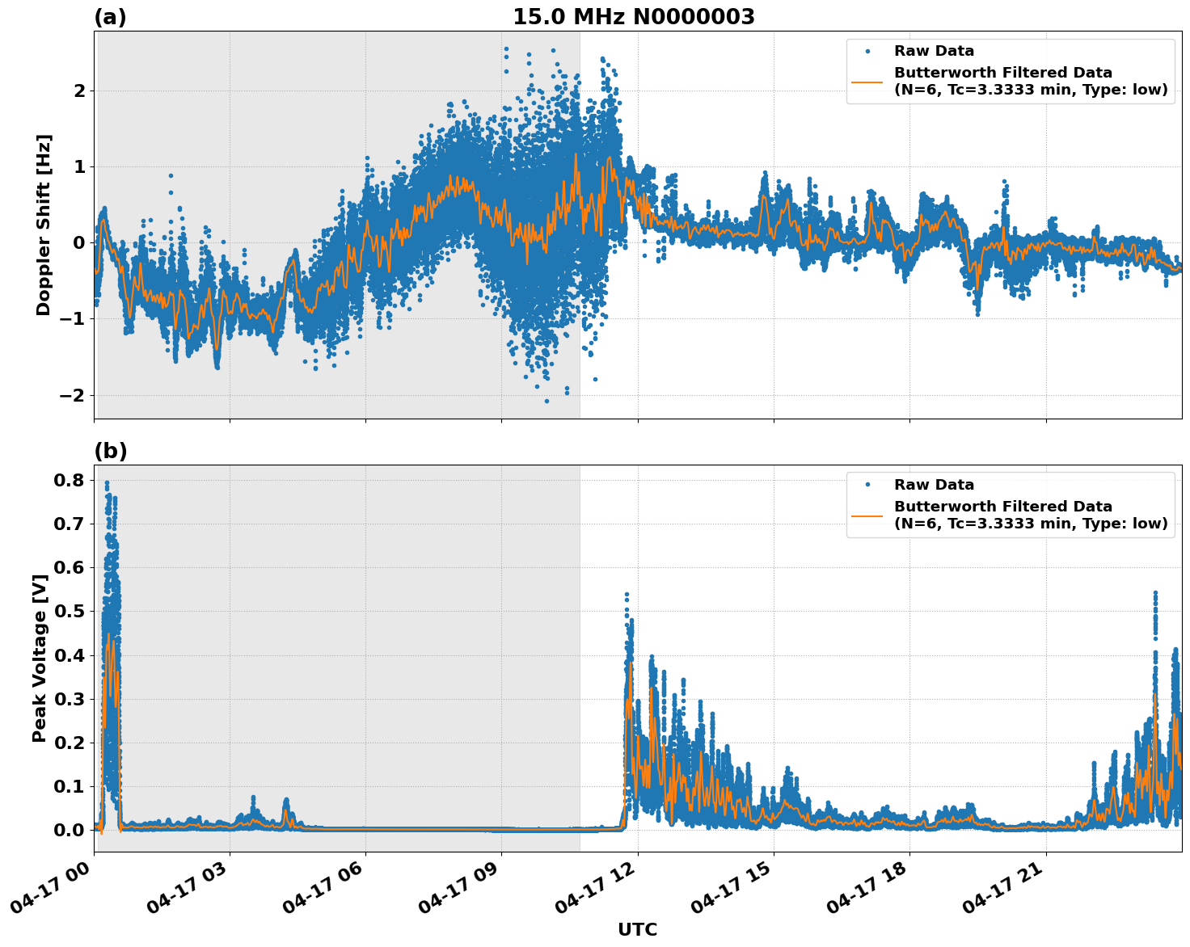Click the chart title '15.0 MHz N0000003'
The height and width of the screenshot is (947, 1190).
pyautogui.click(x=633, y=17)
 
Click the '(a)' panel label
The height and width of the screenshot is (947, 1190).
pyautogui.click(x=110, y=17)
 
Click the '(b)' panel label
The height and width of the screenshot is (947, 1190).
pyautogui.click(x=110, y=451)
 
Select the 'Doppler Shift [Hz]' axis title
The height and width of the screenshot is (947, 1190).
pyautogui.click(x=44, y=225)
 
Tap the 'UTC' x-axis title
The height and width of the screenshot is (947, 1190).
pyautogui.click(x=637, y=929)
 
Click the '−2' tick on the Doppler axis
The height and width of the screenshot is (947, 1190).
pyautogui.click(x=71, y=395)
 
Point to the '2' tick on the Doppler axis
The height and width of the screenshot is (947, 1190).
pyautogui.click(x=79, y=90)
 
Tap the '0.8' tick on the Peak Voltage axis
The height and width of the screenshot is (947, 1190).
pyautogui.click(x=68, y=480)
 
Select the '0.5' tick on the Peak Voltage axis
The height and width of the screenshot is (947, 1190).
pyautogui.click(x=68, y=611)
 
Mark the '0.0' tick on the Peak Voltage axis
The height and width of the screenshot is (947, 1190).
pyautogui.click(x=68, y=830)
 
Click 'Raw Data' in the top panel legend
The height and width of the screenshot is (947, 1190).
pyautogui.click(x=934, y=51)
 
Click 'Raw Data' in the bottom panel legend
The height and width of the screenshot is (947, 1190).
pyautogui.click(x=934, y=485)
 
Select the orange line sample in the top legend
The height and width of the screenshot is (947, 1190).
pyautogui.click(x=867, y=81)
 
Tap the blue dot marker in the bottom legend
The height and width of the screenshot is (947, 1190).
pyautogui.click(x=867, y=485)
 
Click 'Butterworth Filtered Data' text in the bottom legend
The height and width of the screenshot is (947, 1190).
pyautogui.click(x=1002, y=507)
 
